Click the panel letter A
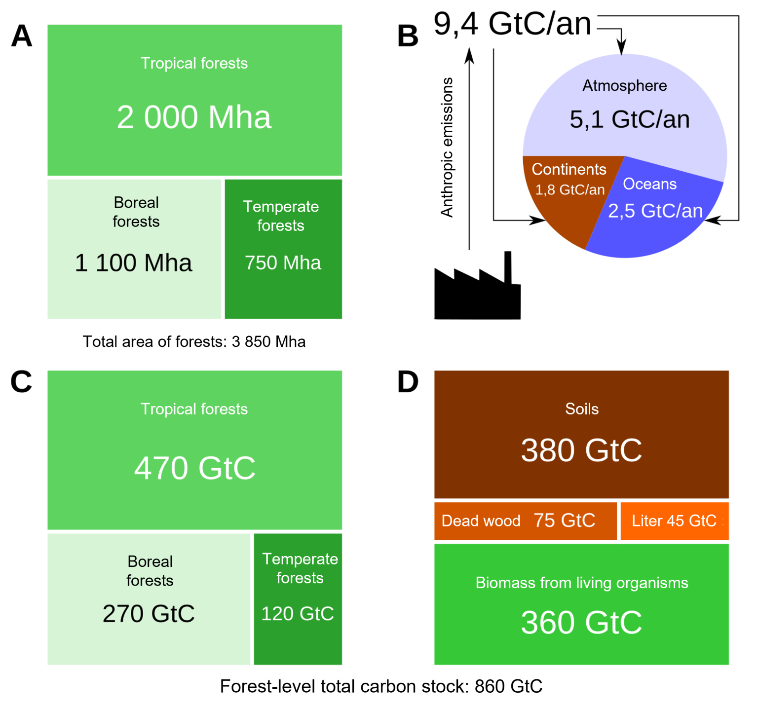click(x=22, y=36)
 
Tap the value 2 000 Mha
click(x=194, y=117)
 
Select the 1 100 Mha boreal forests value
click(x=133, y=262)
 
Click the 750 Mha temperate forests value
click(x=283, y=262)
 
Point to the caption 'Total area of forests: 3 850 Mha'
click(x=194, y=341)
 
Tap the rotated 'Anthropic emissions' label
click(x=447, y=147)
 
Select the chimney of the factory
click(x=508, y=266)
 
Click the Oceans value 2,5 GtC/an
click(x=655, y=211)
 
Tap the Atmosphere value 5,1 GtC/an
click(x=630, y=119)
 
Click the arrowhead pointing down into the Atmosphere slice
click(x=622, y=48)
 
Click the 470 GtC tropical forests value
click(x=195, y=468)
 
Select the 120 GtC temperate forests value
click(x=298, y=614)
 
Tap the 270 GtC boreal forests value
click(x=149, y=614)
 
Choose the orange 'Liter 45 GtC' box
click(x=674, y=521)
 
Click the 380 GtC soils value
click(x=581, y=450)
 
